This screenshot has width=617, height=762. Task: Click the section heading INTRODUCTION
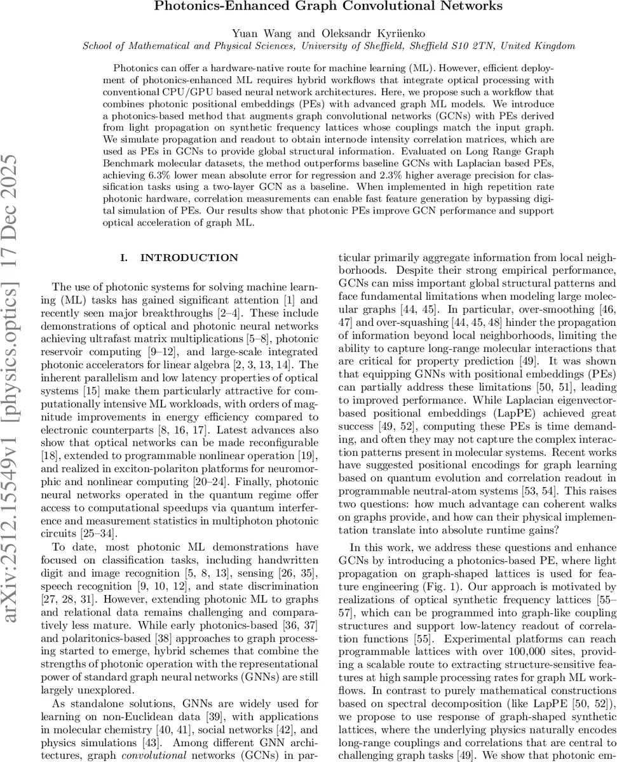coord(189,258)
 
